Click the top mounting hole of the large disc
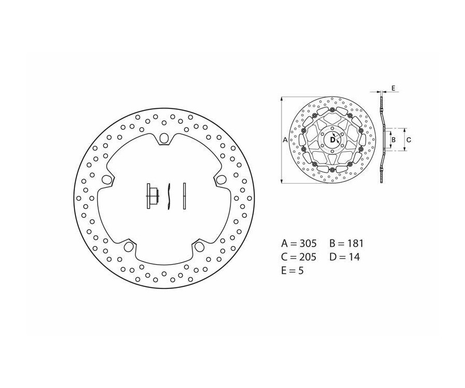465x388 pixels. [x=165, y=138]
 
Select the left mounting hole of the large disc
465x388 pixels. [x=107, y=180]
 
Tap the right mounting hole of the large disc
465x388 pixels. [x=221, y=180]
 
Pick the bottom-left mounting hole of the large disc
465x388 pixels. [x=128, y=247]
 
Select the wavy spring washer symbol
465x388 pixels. [x=168, y=197]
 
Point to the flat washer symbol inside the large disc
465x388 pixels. [x=183, y=197]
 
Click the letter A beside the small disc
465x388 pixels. [x=286, y=139]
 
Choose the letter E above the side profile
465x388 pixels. [x=393, y=89]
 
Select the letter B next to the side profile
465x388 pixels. [x=393, y=139]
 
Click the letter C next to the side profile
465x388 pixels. [x=408, y=139]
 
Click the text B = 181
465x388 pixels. [x=346, y=243]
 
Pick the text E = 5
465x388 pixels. [x=292, y=270]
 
